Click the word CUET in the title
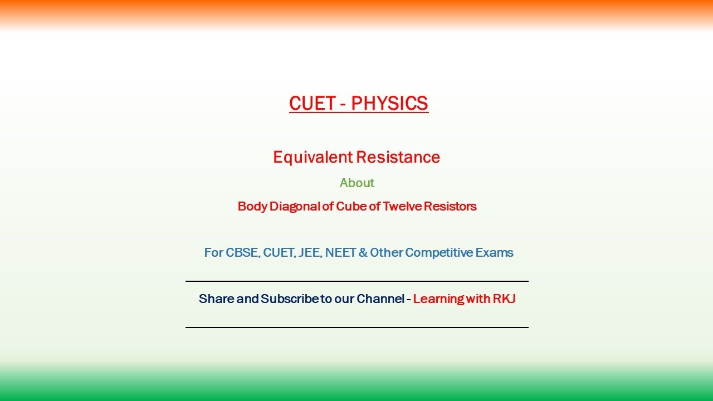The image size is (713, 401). click(312, 104)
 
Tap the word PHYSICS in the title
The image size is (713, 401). click(389, 104)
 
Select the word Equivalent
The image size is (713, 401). click(312, 158)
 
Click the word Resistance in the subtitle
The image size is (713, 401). click(398, 158)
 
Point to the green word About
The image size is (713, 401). click(357, 183)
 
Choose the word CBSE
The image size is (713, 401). click(242, 253)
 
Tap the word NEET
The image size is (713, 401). click(340, 253)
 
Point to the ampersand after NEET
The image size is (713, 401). click(363, 253)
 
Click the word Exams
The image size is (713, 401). click(494, 253)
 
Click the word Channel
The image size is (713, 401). click(380, 299)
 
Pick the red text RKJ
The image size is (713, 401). click(504, 299)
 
